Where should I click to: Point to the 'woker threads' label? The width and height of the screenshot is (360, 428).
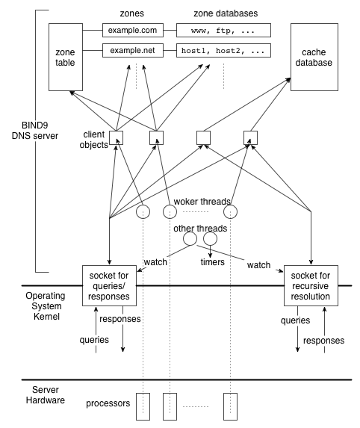pos(202,202)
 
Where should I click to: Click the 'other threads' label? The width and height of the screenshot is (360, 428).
pos(200,229)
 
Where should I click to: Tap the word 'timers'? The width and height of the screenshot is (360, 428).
pos(212,262)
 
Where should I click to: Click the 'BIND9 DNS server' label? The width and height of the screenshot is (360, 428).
pos(35,131)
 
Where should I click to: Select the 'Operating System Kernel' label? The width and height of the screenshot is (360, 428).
pos(46,306)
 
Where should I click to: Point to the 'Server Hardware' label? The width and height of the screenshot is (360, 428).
pos(46,395)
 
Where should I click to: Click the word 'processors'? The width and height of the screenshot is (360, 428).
pos(108,403)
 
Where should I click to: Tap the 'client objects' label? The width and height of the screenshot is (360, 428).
pos(93,140)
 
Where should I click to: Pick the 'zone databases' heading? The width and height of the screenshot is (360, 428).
pos(226,13)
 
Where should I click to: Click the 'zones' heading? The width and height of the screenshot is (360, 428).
pos(132,13)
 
